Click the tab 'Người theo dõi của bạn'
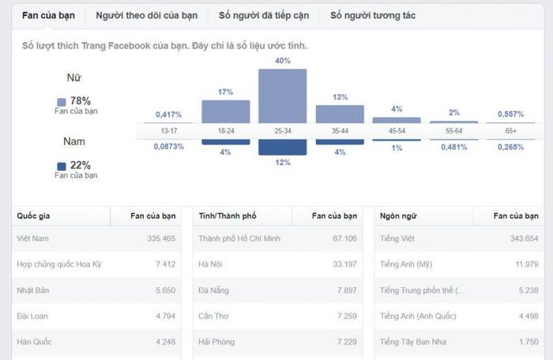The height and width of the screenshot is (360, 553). click(x=146, y=15)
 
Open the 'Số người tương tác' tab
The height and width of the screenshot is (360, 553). click(x=373, y=15)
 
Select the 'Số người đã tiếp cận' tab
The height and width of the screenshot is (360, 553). click(x=265, y=15)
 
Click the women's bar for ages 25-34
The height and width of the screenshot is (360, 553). click(x=283, y=96)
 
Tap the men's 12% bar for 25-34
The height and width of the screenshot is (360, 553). click(x=283, y=148)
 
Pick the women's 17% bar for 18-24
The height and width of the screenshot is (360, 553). click(x=225, y=111)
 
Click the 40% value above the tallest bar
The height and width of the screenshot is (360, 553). click(x=283, y=61)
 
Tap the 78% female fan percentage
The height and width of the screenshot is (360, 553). click(x=80, y=101)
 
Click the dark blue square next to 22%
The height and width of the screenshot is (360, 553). click(x=62, y=166)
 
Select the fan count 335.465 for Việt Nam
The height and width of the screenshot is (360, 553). click(x=161, y=238)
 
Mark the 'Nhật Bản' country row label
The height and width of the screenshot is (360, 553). click(x=32, y=291)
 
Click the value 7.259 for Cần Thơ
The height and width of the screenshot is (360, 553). click(x=345, y=316)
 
